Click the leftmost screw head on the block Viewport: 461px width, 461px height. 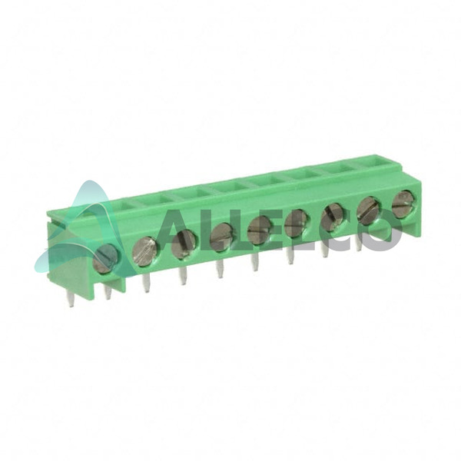pos(104,258)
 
